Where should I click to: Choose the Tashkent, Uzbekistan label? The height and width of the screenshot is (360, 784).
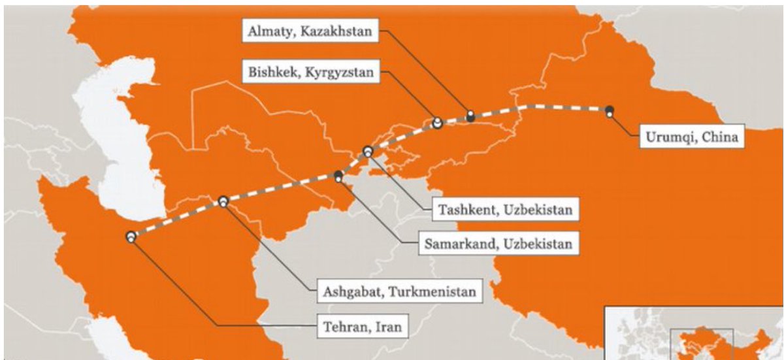click(505, 210)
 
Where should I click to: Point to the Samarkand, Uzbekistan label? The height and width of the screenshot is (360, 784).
click(497, 244)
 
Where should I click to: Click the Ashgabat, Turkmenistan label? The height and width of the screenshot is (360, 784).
click(399, 291)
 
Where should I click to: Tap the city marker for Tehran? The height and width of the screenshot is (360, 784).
click(131, 237)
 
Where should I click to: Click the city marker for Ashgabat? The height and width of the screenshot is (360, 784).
click(223, 202)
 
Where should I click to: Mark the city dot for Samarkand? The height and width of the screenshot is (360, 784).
click(338, 175)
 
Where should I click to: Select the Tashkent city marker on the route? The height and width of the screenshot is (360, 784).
click(368, 152)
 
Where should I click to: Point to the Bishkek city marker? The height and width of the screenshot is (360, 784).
click(437, 123)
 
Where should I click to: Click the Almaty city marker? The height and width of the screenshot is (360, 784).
click(470, 116)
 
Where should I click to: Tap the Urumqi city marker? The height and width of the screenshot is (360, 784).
click(609, 111)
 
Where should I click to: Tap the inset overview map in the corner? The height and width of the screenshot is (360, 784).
click(693, 333)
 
